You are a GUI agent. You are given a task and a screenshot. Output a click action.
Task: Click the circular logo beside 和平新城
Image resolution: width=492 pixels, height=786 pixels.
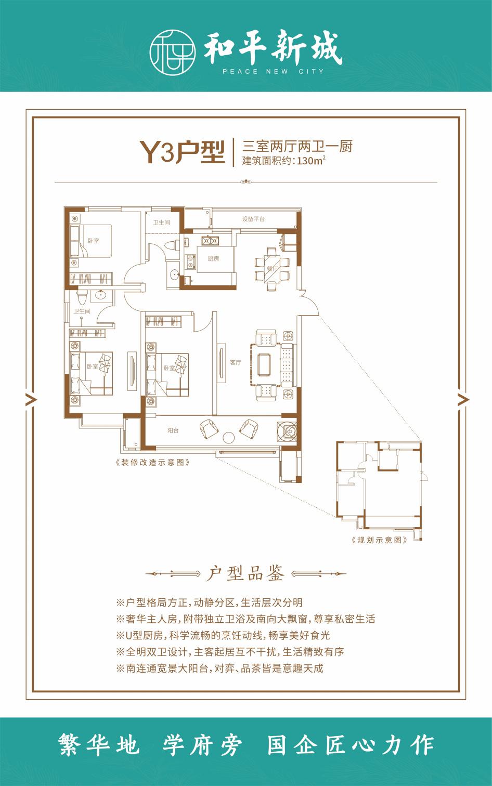(172, 51)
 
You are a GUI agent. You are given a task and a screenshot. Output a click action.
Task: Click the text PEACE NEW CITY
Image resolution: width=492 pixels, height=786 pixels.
(273, 72)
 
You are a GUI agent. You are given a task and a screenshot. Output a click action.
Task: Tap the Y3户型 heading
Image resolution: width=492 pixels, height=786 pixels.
(182, 152)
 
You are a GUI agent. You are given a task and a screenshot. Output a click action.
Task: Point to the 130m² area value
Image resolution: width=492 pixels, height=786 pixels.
(311, 161)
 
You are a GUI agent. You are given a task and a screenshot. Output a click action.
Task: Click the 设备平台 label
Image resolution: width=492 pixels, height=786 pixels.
(253, 219)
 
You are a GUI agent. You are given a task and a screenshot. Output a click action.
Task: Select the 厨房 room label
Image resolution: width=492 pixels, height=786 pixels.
(213, 258)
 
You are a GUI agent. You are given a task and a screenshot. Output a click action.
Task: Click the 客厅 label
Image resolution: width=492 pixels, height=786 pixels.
(236, 362)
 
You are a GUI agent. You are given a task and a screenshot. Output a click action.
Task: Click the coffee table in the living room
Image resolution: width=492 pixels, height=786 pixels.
(264, 365)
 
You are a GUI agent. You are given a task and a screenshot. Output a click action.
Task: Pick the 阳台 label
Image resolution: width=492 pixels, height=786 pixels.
(173, 430)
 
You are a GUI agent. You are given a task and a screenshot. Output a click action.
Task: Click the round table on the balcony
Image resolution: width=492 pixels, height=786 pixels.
(229, 437)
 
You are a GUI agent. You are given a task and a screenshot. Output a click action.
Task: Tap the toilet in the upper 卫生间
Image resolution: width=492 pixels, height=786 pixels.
(173, 244)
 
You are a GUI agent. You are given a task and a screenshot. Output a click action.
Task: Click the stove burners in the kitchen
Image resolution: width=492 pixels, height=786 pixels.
(210, 241)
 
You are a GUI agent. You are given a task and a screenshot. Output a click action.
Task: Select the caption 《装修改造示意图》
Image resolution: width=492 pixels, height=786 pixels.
(153, 462)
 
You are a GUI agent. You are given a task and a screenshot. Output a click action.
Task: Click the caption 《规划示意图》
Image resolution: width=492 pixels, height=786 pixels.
(379, 540)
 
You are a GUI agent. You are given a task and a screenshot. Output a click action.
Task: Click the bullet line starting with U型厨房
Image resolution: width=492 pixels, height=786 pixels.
(223, 635)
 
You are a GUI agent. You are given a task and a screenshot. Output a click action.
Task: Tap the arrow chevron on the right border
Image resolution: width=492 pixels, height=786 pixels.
(463, 399)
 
